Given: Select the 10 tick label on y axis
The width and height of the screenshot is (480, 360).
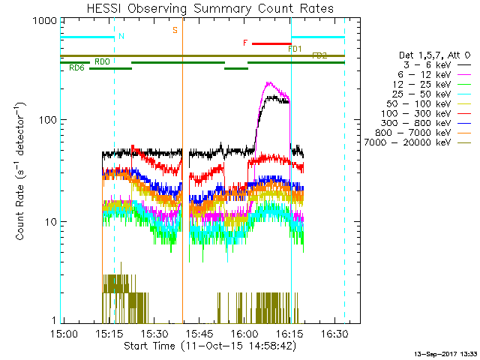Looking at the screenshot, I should (46, 222).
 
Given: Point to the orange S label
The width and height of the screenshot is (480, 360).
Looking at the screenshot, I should (175, 30).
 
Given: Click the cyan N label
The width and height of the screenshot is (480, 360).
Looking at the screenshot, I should (121, 36).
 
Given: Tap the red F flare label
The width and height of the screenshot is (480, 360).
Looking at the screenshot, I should (245, 43).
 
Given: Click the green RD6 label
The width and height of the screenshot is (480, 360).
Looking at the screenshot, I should (76, 68).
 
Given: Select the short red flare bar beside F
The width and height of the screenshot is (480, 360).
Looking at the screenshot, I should (271, 43).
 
